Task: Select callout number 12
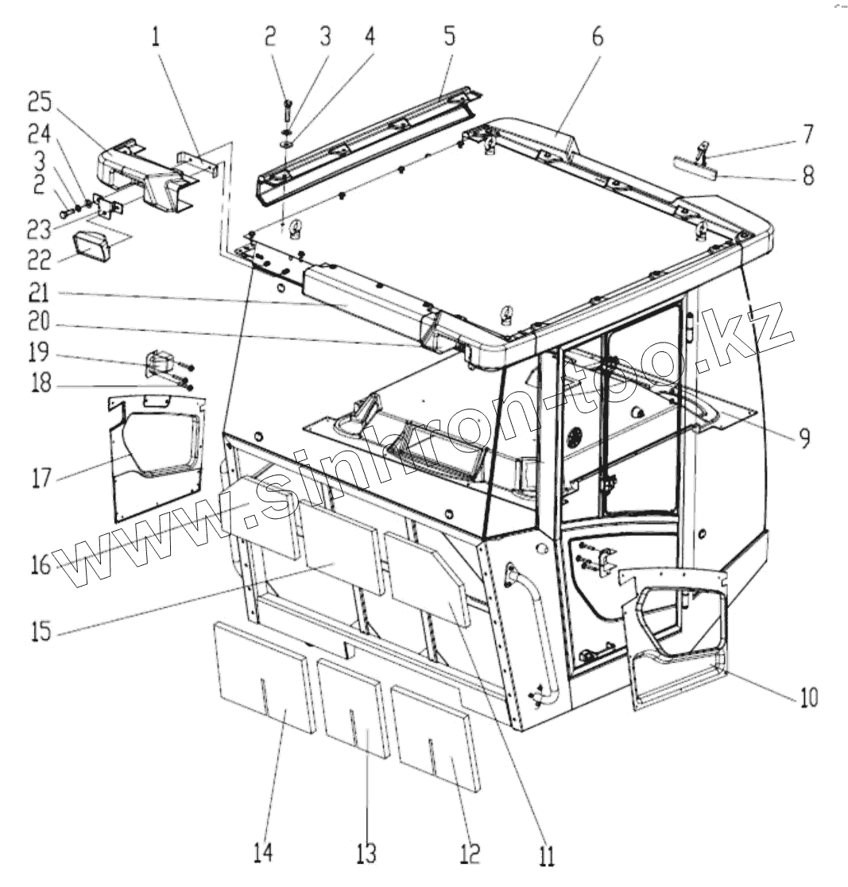click(470, 854)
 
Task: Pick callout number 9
click(805, 436)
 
